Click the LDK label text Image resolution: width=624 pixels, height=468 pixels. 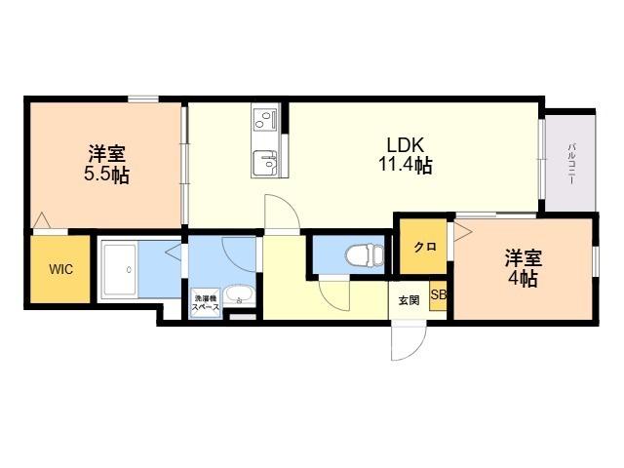(406, 145)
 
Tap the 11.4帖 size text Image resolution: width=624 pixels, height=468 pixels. (406, 165)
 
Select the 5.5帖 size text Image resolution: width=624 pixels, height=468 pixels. (106, 175)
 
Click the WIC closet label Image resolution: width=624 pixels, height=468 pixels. (60, 269)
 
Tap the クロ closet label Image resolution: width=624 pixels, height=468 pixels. (425, 247)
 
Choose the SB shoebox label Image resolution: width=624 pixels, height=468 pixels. (439, 294)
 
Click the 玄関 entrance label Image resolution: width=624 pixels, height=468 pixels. (409, 300)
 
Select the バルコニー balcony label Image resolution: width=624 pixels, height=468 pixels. (571, 164)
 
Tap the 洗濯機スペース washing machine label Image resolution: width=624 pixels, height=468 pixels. (206, 303)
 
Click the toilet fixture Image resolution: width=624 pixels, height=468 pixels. (364, 254)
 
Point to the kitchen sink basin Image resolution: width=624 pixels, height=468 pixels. (264, 164)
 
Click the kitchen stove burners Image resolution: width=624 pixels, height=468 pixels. (264, 119)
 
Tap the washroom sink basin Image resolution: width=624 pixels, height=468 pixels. (238, 295)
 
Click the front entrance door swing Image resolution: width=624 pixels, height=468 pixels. (409, 341)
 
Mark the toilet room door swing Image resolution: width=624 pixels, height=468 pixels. (334, 293)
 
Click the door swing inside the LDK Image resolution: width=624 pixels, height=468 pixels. (282, 214)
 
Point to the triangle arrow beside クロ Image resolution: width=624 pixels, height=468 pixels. (463, 232)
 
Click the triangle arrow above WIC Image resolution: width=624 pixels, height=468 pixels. (41, 221)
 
